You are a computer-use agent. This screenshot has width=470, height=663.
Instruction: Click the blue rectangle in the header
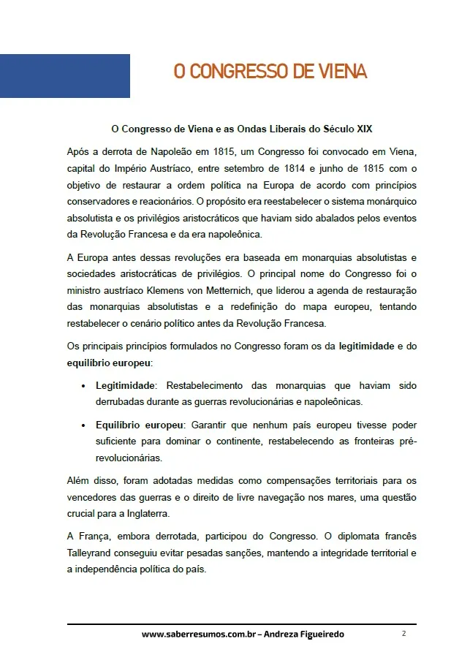[x=65, y=76]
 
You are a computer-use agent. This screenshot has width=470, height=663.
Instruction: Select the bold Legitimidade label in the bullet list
[x=126, y=385]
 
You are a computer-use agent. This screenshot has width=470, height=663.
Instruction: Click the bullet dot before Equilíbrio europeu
[x=84, y=425]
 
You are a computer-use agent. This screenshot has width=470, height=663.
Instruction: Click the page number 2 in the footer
[x=403, y=634]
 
